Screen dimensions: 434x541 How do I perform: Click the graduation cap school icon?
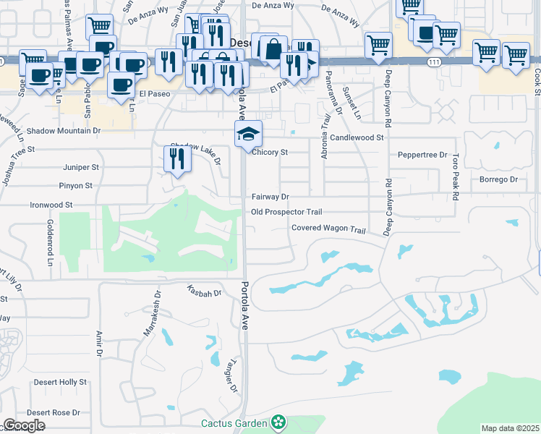click(248, 134)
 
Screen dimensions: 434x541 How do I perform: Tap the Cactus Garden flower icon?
click(278, 422)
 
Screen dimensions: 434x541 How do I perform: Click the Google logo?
click(24, 425)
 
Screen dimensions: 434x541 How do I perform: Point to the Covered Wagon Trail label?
click(329, 228)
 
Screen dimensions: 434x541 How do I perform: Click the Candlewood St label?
click(358, 137)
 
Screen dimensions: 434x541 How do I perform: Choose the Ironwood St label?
click(51, 205)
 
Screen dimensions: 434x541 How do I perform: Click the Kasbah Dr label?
click(204, 292)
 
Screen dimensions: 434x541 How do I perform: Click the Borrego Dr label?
click(499, 179)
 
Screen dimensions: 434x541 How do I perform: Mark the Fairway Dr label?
click(270, 197)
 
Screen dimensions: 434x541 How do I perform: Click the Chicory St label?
click(270, 153)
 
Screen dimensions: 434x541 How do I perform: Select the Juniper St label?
click(81, 167)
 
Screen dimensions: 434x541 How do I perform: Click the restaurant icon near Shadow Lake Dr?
click(177, 159)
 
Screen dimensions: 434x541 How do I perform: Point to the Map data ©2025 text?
click(510, 428)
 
